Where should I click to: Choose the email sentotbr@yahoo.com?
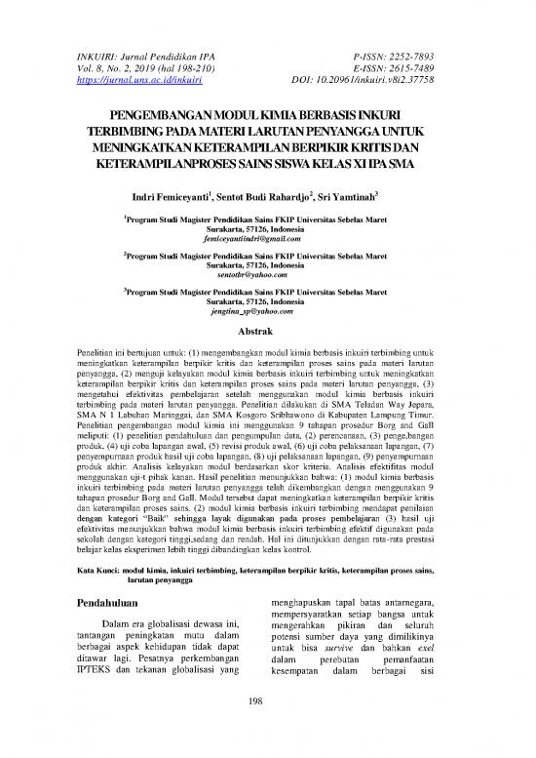(267, 276)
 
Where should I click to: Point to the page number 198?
(267, 725)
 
